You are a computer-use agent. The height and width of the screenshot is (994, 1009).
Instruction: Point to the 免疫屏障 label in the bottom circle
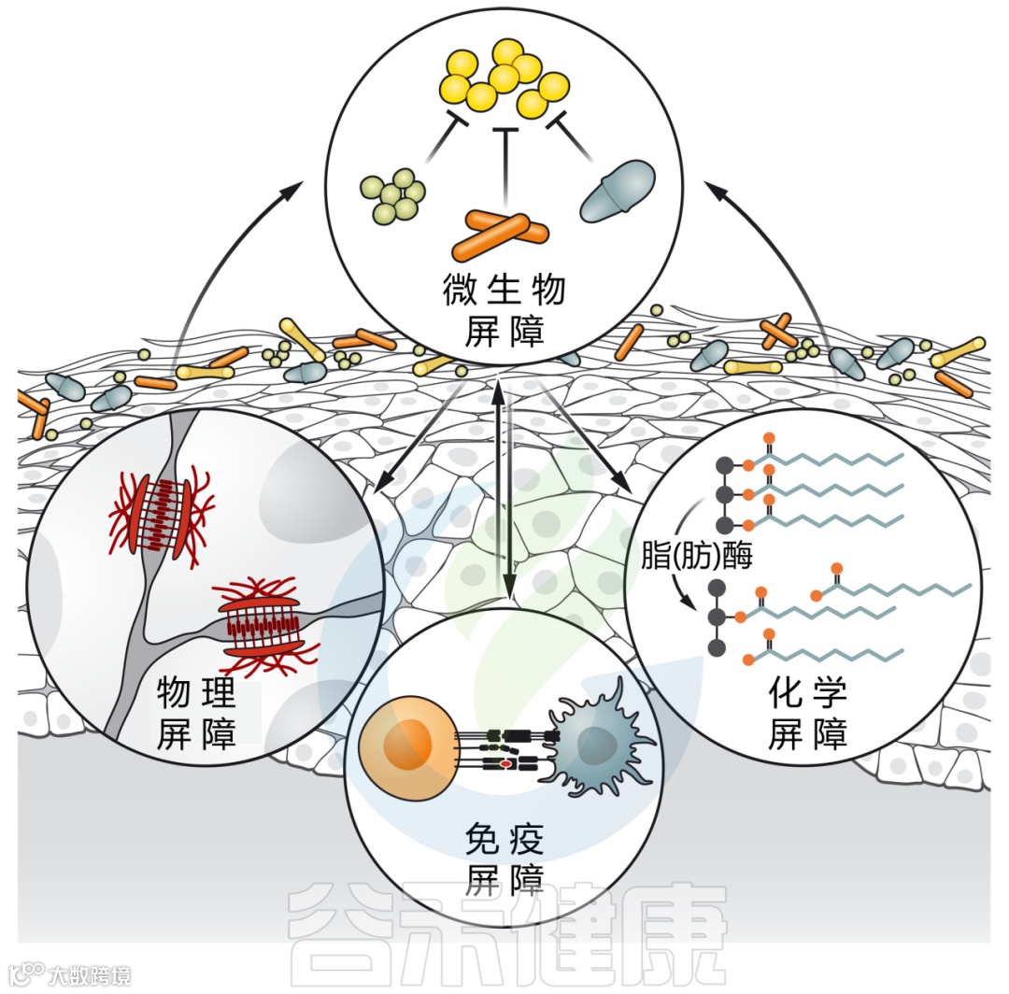coord(504,861)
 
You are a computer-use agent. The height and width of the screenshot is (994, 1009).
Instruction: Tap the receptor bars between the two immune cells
coord(505,749)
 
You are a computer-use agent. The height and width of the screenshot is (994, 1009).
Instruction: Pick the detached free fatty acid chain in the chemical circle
coord(897,588)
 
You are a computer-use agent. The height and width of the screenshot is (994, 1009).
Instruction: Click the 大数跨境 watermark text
coord(90,975)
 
